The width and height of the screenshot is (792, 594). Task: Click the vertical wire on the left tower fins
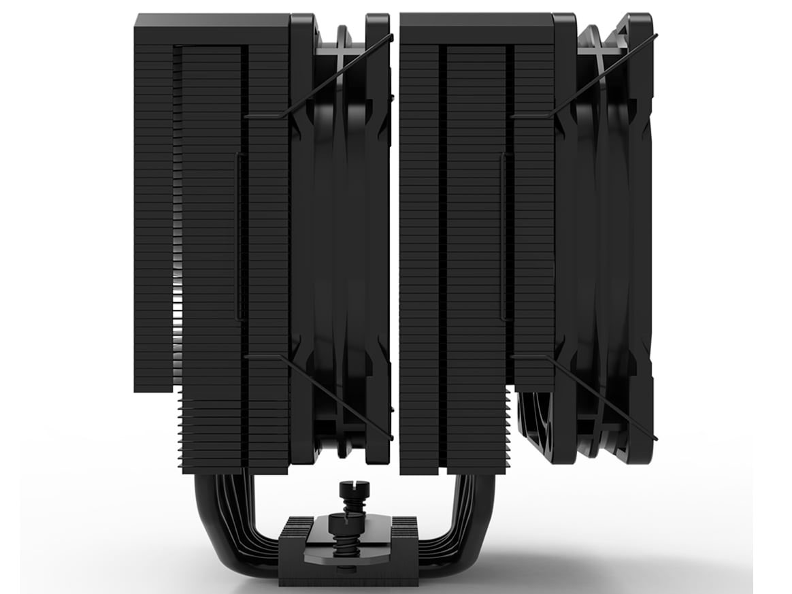pyautogui.click(x=237, y=235)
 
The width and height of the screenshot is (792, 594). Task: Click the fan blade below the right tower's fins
pyautogui.click(x=538, y=422)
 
